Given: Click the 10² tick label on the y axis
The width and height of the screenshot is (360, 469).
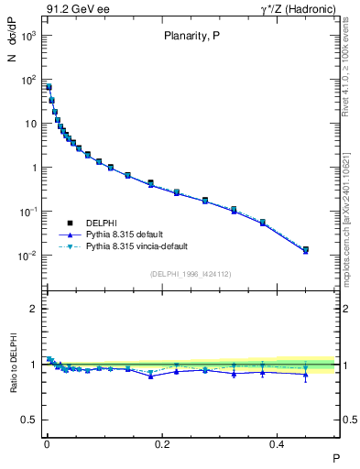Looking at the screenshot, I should click(27, 80).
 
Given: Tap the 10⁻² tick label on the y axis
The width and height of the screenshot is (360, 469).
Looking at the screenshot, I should click(27, 256).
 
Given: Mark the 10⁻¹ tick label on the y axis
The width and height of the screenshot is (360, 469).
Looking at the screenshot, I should click(27, 212).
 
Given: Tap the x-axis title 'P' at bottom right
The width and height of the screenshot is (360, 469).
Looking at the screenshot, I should click(335, 457).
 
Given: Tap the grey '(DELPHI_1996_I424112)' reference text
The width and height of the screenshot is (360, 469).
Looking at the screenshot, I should click(190, 274).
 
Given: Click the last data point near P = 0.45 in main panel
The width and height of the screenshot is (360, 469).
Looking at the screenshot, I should click(306, 249).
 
